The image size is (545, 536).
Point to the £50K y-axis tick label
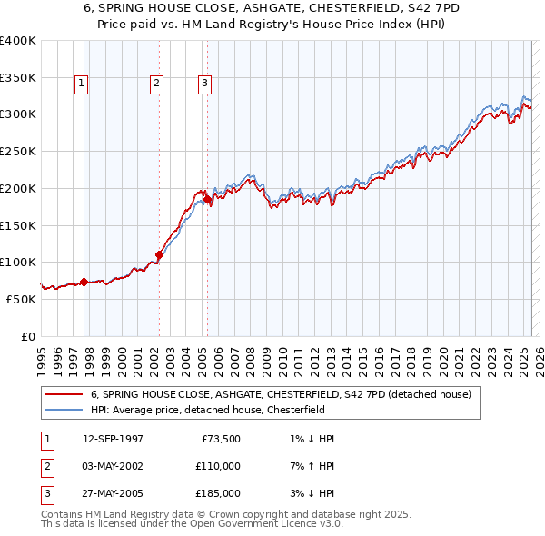pyautogui.click(x=22, y=299)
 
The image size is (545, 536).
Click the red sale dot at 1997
pyautogui.click(x=84, y=282)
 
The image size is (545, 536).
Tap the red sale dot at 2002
pyautogui.click(x=158, y=255)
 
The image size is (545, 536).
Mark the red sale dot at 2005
pyautogui.click(x=207, y=199)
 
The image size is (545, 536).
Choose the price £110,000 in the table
pyautogui.click(x=218, y=466)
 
